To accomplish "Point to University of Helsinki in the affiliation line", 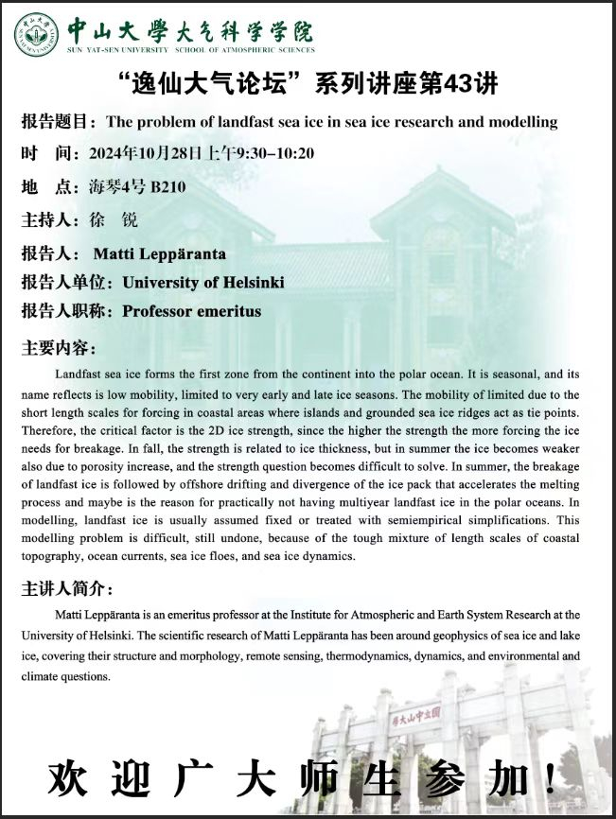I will point(203,282).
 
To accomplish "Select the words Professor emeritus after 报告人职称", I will point(192,310).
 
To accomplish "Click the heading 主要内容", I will point(57,348).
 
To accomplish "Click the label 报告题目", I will point(57,122).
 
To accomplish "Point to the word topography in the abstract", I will point(53,556).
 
